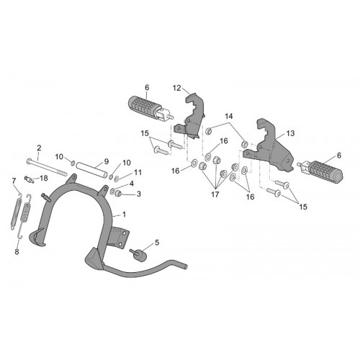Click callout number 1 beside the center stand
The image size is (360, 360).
[x=124, y=215]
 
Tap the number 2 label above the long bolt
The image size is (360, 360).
[x=39, y=148]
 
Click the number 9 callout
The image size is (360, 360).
[x=107, y=161]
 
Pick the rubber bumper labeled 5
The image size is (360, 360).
[x=138, y=256]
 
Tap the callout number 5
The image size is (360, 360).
[x=157, y=243]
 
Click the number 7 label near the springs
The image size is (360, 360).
[x=14, y=180]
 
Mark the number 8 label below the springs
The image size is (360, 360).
[x=17, y=252]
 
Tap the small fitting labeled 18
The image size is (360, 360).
[x=28, y=179]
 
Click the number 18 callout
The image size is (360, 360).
[x=44, y=178]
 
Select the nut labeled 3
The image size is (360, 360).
[x=118, y=192]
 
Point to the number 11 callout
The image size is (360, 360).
[x=138, y=172]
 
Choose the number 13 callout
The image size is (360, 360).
[x=290, y=133]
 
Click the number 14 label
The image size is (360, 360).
[x=229, y=117]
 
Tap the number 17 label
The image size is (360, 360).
[x=215, y=194]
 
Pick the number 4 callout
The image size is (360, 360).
[x=132, y=184]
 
